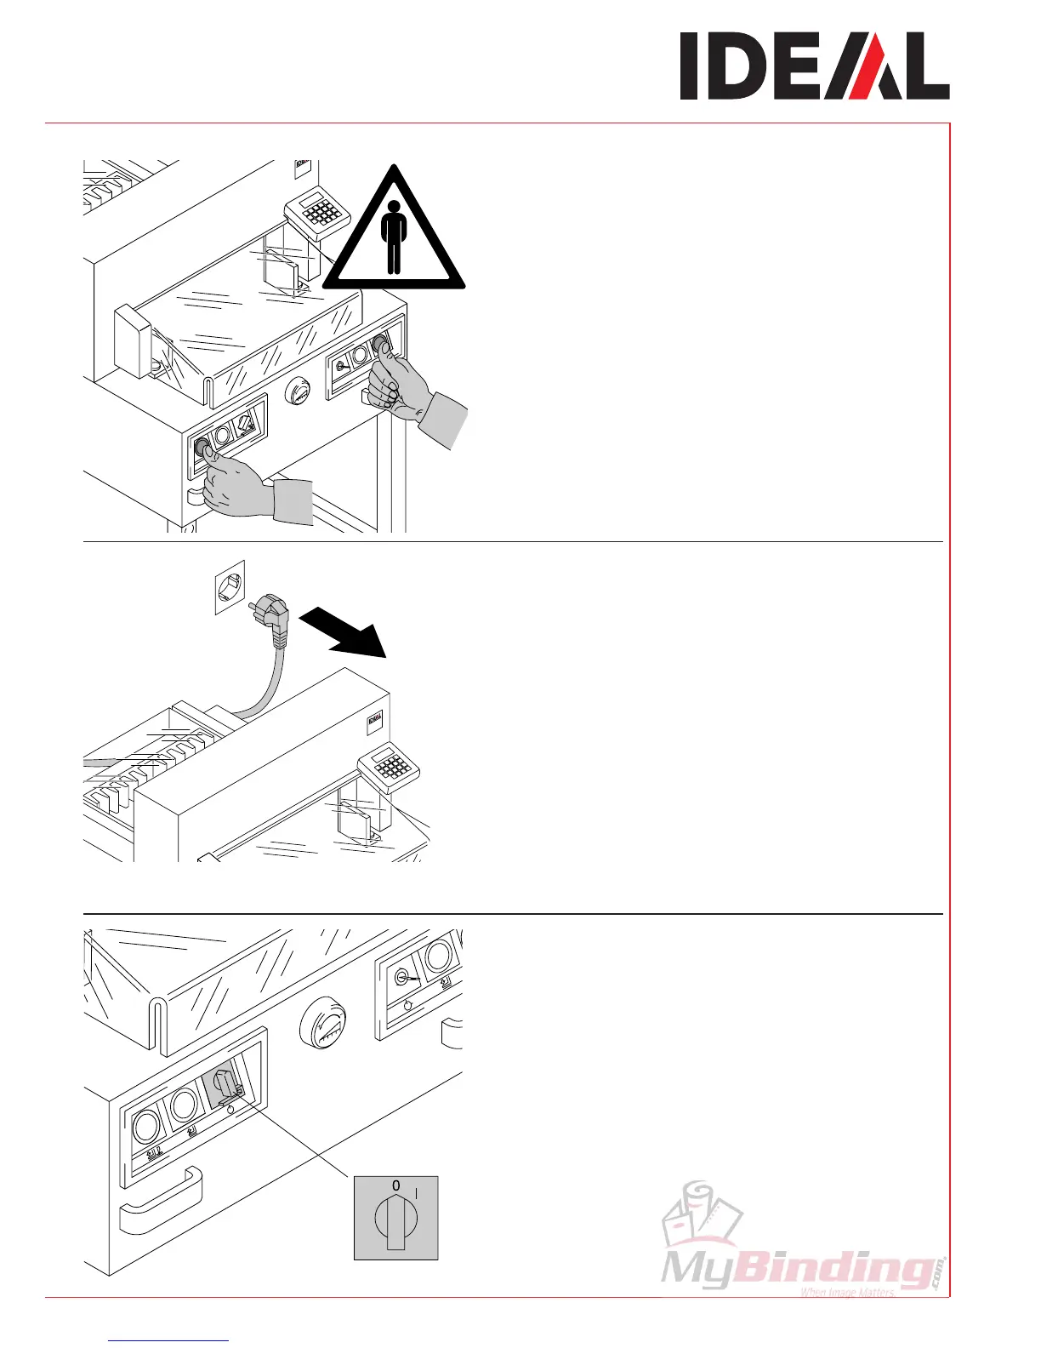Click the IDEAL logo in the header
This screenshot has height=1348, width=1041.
814,67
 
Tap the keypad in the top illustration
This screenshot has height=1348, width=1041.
316,212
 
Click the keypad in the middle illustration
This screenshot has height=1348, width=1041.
390,765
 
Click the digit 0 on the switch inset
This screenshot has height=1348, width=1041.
395,1185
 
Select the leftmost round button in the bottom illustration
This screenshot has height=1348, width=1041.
145,1128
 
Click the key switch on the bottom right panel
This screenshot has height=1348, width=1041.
403,979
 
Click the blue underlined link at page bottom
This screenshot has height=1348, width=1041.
169,1342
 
